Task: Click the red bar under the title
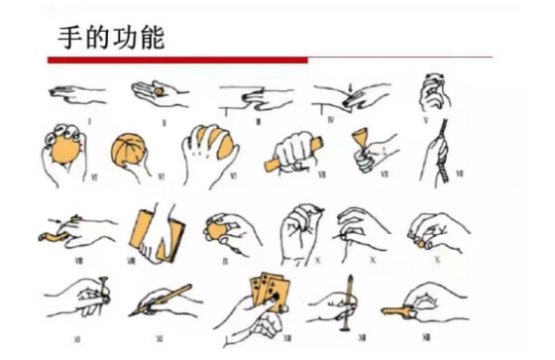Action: tap(177, 60)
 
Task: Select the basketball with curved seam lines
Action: tap(129, 153)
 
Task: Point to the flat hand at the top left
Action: tap(79, 93)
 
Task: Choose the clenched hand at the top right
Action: tap(433, 94)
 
